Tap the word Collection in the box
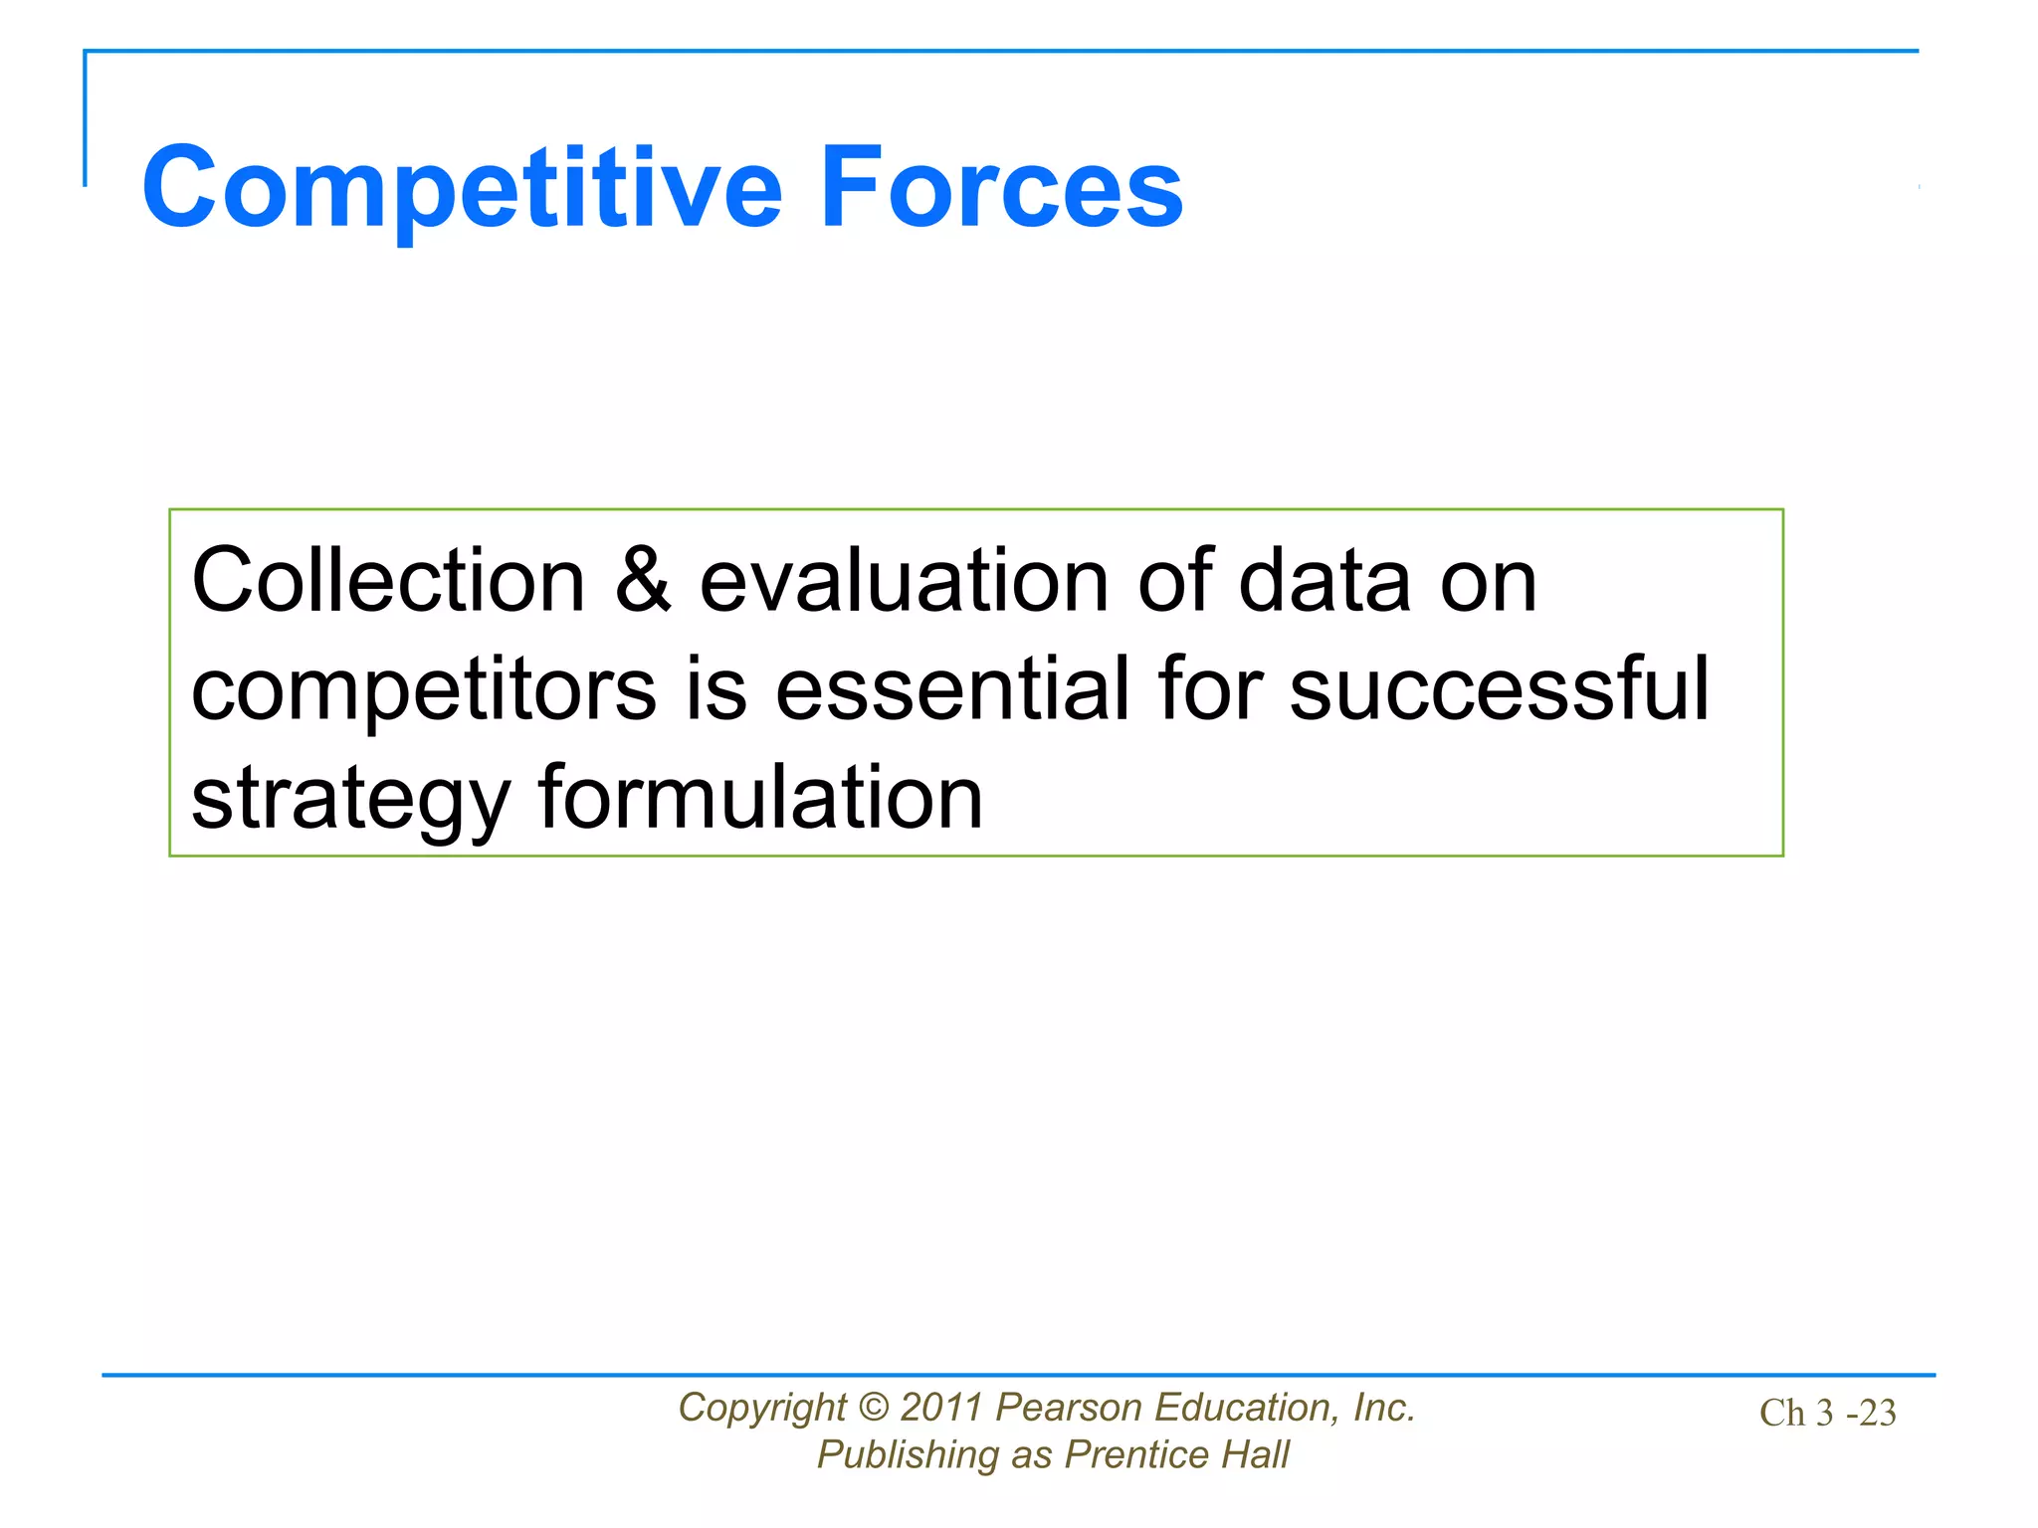388,581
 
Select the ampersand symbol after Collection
643,581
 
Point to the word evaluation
904,581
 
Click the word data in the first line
1325,581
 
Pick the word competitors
424,690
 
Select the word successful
1499,690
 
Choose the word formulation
760,800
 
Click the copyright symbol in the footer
873,1408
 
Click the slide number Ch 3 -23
1827,1414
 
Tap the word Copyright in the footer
762,1409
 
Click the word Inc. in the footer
1383,1408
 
